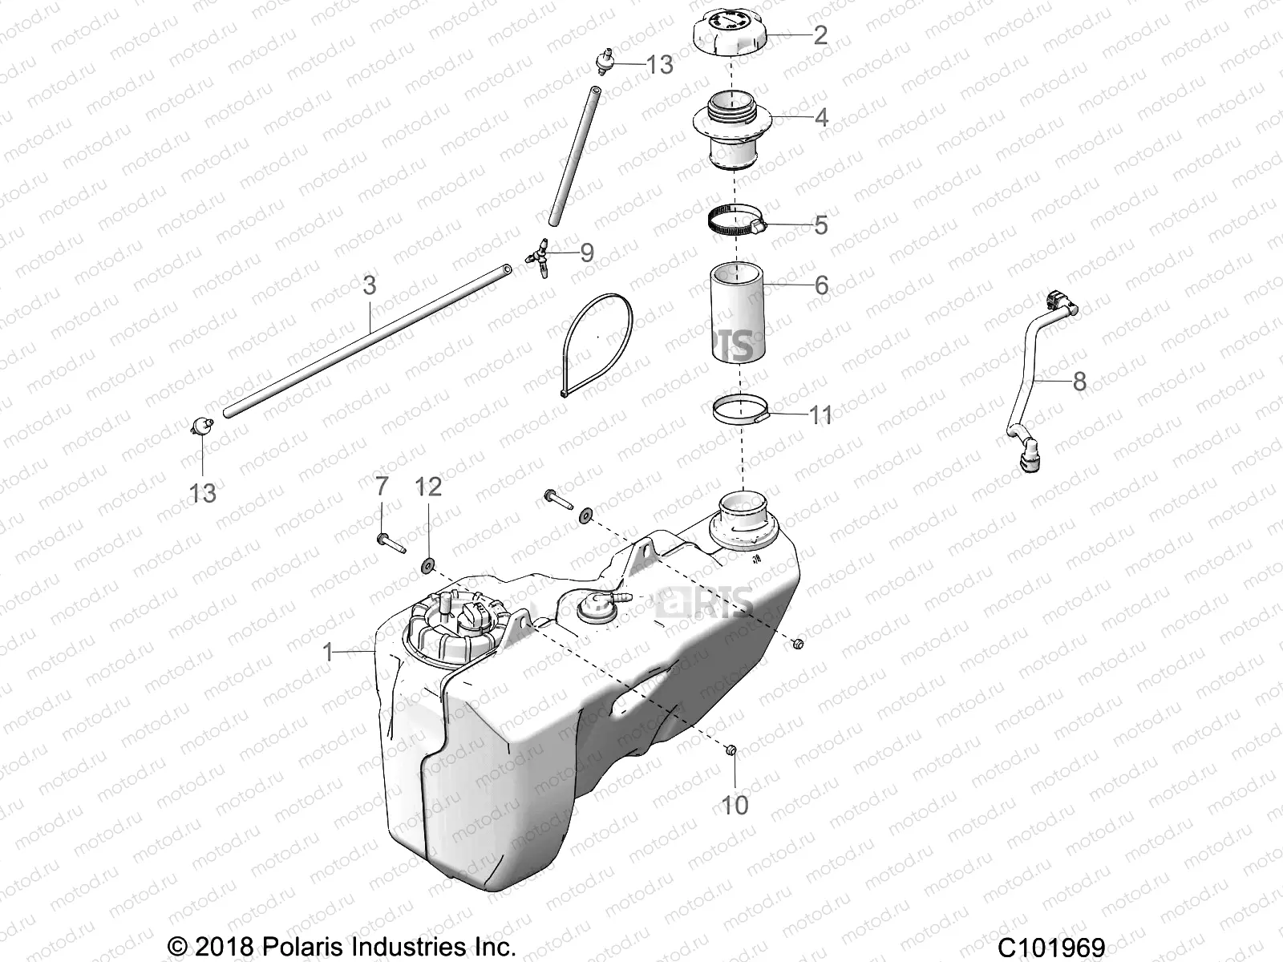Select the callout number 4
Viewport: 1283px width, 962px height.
(821, 118)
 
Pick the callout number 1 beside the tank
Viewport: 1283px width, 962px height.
(327, 652)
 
